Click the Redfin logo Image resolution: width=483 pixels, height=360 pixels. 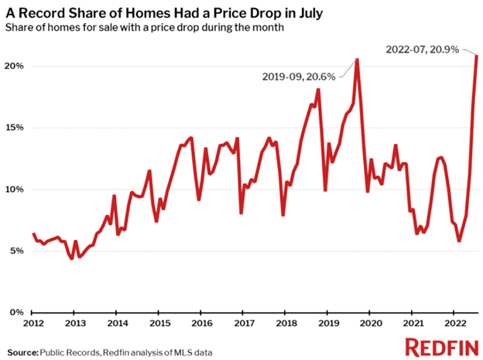[x=436, y=346]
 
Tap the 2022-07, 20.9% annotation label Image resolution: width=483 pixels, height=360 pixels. [x=422, y=50]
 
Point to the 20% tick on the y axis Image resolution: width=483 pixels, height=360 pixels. [x=15, y=67]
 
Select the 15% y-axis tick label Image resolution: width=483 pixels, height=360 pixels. [x=15, y=128]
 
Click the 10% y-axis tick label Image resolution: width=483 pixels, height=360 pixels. [x=15, y=190]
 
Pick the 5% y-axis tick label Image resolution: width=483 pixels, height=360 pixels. [x=17, y=251]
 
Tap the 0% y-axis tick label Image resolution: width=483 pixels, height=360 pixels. [x=17, y=312]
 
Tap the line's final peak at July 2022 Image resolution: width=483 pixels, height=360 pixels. [x=476, y=55]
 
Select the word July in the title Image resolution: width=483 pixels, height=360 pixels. [x=298, y=11]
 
